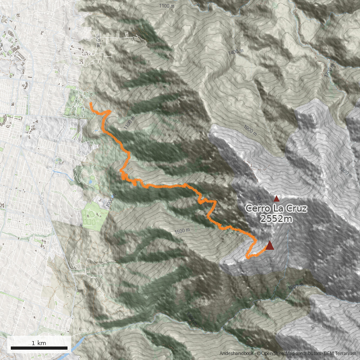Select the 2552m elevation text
276,219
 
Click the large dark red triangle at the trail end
270,245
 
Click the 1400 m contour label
235,52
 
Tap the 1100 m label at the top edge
167,6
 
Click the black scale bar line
39,348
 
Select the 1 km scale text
39,343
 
